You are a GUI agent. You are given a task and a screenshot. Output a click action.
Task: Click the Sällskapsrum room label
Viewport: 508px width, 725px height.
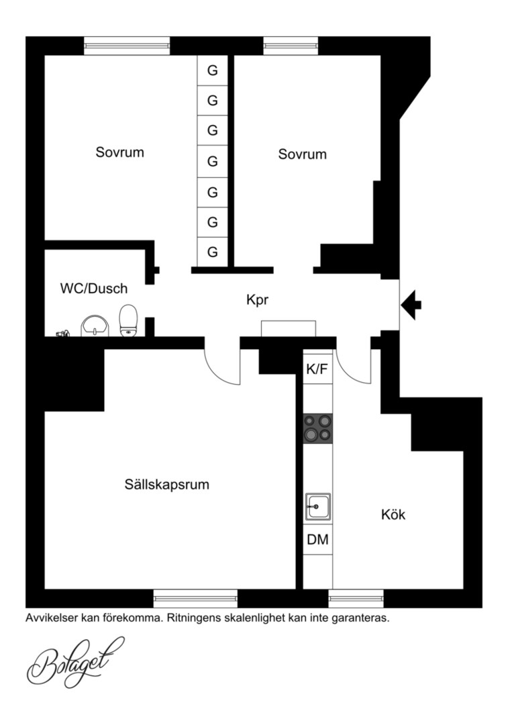pyautogui.click(x=166, y=485)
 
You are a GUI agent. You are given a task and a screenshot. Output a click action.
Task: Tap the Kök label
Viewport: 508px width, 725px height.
pyautogui.click(x=393, y=514)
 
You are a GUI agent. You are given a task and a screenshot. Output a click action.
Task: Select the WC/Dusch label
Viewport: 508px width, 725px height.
pyautogui.click(x=94, y=289)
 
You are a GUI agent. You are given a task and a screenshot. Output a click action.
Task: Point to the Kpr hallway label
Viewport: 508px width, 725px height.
pyautogui.click(x=257, y=300)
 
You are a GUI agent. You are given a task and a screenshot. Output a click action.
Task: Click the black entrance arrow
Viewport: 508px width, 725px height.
pyautogui.click(x=411, y=305)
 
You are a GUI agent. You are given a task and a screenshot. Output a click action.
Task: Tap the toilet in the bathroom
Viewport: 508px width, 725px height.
pyautogui.click(x=128, y=320)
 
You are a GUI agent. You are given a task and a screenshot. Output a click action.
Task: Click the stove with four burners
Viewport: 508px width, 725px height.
pyautogui.click(x=317, y=428)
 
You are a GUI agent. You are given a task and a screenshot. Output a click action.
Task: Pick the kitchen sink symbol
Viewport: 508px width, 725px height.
pyautogui.click(x=318, y=507)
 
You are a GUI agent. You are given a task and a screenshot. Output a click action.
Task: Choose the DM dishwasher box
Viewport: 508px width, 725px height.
pyautogui.click(x=317, y=539)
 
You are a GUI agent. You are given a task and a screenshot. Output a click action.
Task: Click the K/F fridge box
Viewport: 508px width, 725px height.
pyautogui.click(x=317, y=369)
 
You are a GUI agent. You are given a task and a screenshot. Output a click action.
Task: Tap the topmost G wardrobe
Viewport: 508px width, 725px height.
pyautogui.click(x=212, y=70)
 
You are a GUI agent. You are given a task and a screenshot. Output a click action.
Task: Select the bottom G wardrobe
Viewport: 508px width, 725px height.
pyautogui.click(x=212, y=252)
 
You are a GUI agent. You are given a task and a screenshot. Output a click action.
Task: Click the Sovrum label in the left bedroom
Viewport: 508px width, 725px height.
pyautogui.click(x=119, y=152)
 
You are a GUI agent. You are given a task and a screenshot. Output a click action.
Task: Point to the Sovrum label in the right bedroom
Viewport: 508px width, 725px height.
pyautogui.click(x=302, y=154)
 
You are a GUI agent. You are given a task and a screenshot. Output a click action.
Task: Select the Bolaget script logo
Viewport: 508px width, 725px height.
pyautogui.click(x=76, y=662)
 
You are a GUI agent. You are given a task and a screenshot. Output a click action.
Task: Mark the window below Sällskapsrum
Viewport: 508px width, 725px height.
pyautogui.click(x=195, y=598)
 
